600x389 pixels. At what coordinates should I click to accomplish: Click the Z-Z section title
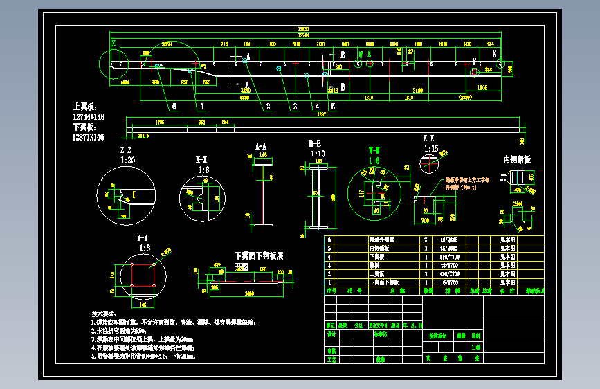click(x=126, y=150)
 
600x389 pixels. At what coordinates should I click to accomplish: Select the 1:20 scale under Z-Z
click(x=127, y=159)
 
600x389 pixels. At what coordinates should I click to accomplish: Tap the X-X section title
click(x=203, y=159)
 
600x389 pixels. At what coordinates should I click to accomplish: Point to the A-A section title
click(x=261, y=147)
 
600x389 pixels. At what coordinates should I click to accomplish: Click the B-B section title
click(x=315, y=144)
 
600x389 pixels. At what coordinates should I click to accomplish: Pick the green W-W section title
click(x=374, y=150)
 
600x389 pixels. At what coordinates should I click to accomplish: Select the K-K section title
click(x=429, y=138)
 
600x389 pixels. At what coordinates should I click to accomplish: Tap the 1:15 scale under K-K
click(x=430, y=148)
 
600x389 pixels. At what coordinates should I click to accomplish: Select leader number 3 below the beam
click(x=295, y=107)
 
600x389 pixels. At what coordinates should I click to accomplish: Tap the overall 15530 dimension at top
click(x=302, y=29)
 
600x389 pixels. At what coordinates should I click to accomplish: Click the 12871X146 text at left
click(x=89, y=138)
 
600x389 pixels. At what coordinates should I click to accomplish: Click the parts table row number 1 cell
click(x=329, y=282)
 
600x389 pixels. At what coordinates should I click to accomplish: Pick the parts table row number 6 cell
click(x=329, y=239)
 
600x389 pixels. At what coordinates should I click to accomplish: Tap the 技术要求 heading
click(x=106, y=314)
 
